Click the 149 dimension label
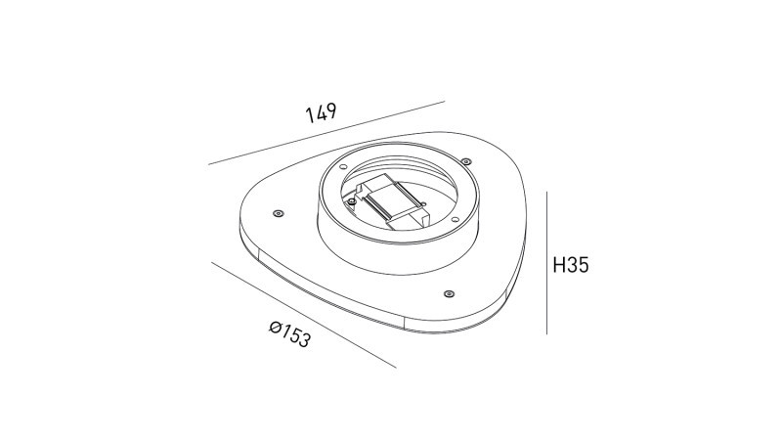(x=321, y=113)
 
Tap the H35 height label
(x=570, y=265)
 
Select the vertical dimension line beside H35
(x=544, y=264)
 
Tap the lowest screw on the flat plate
(x=448, y=292)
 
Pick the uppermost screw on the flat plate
(x=465, y=160)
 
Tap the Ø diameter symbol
(x=276, y=329)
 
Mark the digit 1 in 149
(x=309, y=116)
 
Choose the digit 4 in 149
(x=320, y=113)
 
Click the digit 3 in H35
(x=572, y=265)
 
